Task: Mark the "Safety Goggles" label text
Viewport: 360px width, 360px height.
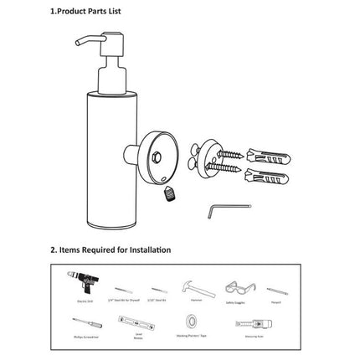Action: [237, 297]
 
